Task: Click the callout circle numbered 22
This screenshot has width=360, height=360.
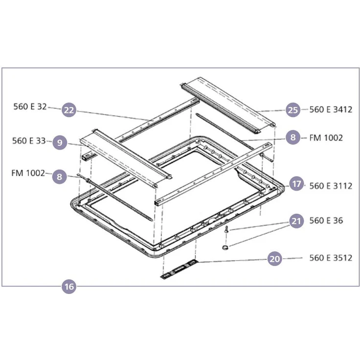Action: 69,110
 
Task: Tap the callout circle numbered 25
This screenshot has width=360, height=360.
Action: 293,110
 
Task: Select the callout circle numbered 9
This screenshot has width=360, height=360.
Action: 60,142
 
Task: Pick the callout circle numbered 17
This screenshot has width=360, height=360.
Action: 296,184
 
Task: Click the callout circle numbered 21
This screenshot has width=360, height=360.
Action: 296,221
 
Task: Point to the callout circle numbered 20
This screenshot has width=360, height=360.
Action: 274,259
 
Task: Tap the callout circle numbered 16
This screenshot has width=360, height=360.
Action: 69,287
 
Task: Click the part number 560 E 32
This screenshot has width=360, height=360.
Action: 30,107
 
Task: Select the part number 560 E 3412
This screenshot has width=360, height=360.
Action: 331,110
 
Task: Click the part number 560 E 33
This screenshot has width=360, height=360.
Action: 29,141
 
